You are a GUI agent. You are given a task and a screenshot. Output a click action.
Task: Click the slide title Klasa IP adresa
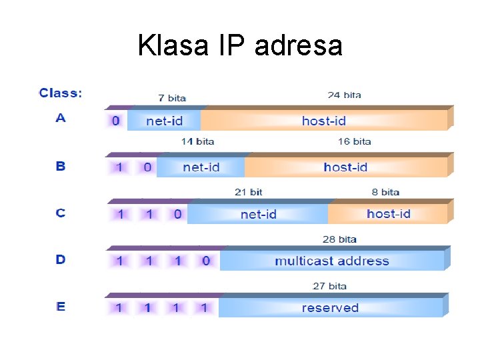click(x=240, y=46)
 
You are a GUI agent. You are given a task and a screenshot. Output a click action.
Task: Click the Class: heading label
click(x=61, y=93)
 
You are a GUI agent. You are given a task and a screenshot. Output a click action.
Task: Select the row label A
click(x=61, y=118)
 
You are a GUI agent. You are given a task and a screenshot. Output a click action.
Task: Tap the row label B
click(x=61, y=165)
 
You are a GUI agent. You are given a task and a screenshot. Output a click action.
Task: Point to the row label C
click(x=61, y=213)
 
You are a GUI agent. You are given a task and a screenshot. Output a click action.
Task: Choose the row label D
click(x=61, y=259)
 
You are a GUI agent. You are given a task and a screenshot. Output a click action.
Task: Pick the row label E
click(x=61, y=307)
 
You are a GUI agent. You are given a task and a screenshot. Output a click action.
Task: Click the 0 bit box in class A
click(x=116, y=121)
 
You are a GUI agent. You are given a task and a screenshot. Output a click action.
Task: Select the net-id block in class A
click(x=164, y=121)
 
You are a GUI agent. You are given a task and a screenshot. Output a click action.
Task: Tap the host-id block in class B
click(x=345, y=167)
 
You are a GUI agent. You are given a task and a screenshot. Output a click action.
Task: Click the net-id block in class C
click(x=258, y=214)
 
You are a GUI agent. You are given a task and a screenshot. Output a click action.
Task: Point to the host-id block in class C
click(x=388, y=214)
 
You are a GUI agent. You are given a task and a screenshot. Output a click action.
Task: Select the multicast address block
click(x=331, y=261)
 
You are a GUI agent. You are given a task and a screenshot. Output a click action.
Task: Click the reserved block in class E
click(x=330, y=307)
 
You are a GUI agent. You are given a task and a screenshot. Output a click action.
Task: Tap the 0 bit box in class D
click(x=205, y=261)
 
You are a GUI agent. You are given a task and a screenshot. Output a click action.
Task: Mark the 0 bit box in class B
click(x=147, y=167)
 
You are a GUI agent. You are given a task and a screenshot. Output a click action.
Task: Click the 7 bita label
click(x=172, y=97)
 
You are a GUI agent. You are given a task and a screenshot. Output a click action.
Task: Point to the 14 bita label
click(x=197, y=141)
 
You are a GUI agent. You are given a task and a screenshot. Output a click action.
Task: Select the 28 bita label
click(x=339, y=239)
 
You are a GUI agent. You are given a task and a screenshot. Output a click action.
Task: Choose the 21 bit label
click(x=248, y=192)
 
